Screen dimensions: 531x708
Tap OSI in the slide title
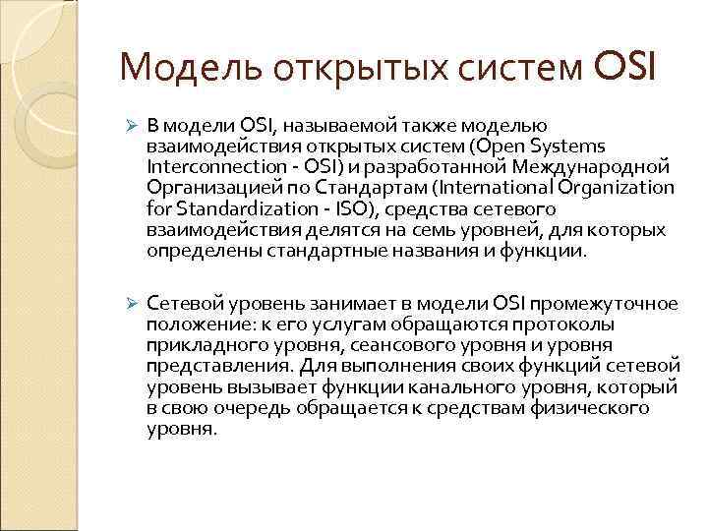[624, 68]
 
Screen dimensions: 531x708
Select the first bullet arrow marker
[129, 126]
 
